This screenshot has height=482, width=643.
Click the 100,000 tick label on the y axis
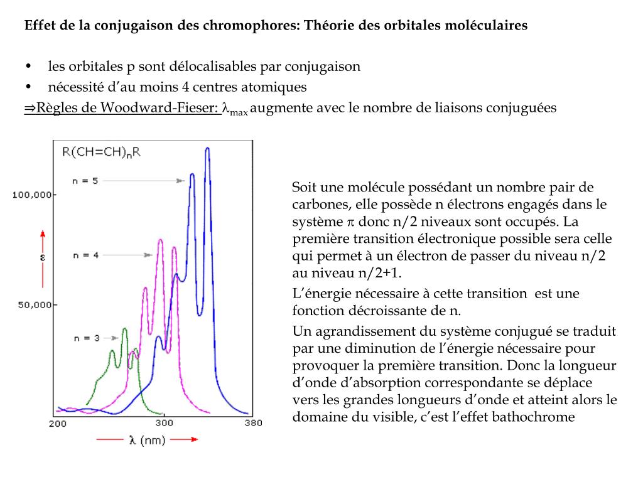32,195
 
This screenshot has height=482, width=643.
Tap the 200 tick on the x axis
58,424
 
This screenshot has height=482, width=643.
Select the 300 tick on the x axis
165,424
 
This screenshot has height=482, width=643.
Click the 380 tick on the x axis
252,424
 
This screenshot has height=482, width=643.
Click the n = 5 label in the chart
85,181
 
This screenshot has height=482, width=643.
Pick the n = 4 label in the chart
85,255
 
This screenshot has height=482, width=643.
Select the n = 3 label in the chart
86,338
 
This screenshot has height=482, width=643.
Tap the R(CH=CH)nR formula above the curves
101,152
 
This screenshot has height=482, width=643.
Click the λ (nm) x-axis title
147,440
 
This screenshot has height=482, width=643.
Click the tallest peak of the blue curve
207,149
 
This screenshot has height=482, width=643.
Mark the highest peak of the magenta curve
161,240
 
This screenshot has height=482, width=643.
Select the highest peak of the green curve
125,329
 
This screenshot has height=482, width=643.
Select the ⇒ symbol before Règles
30,107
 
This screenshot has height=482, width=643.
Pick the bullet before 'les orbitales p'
29,67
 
